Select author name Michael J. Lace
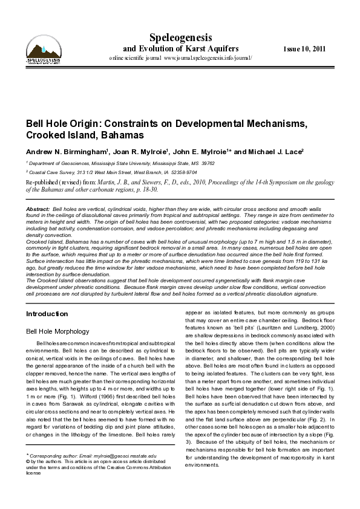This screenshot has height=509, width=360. tap(276, 151)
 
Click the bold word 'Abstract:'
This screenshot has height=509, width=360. tap(37, 209)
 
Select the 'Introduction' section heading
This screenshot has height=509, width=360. tap(47, 314)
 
